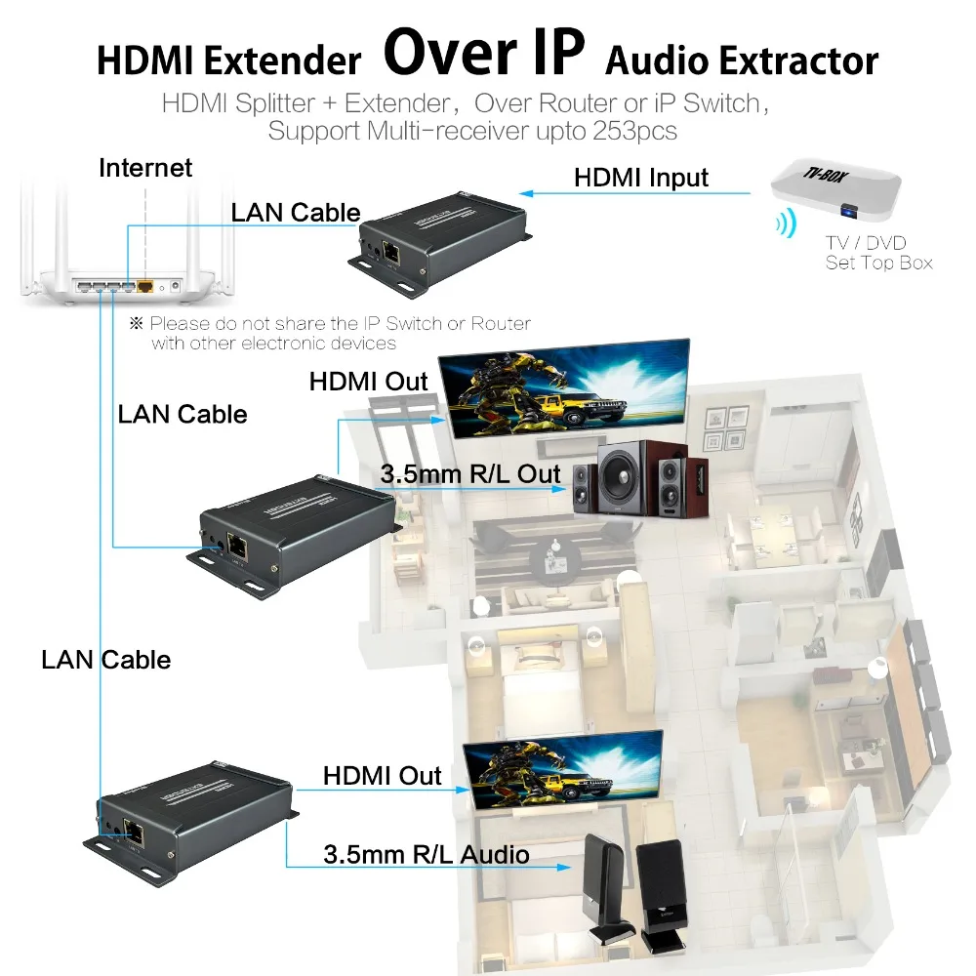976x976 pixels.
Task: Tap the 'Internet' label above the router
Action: click(145, 168)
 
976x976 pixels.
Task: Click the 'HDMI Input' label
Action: click(641, 178)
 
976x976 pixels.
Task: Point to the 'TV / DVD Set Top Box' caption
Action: click(878, 253)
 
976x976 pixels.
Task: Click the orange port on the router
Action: click(146, 288)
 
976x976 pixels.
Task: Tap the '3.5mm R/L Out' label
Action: click(470, 475)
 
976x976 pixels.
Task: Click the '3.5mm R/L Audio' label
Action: click(427, 855)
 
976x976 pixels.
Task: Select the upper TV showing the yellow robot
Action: click(563, 387)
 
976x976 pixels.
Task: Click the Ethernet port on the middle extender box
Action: click(236, 546)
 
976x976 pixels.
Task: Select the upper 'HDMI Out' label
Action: click(369, 381)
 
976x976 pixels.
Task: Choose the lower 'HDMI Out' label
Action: click(383, 776)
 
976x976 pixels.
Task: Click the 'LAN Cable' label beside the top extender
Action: click(296, 213)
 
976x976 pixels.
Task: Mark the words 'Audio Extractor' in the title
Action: click(742, 61)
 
